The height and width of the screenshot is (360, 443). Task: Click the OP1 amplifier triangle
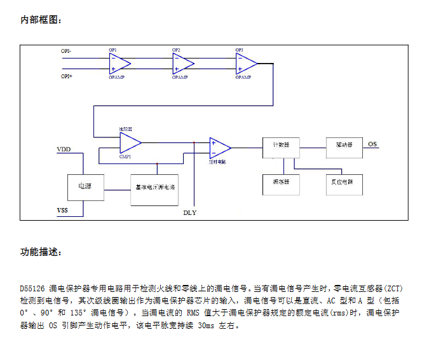point(118,63)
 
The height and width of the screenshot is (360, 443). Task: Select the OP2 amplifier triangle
point(182,63)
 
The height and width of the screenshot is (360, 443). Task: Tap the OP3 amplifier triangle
point(245,63)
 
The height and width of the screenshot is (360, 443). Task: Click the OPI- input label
point(66,51)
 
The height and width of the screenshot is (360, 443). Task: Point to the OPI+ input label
point(66,76)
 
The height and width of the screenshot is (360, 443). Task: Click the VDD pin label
point(64,149)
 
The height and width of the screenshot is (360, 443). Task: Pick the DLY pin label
point(189,212)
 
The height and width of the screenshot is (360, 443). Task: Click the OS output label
point(372,144)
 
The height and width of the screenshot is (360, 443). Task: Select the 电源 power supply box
point(85,187)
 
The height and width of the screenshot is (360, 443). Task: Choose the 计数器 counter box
point(281,145)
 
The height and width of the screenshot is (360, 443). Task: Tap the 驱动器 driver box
point(344,145)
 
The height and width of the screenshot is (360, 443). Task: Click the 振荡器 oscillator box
point(281,182)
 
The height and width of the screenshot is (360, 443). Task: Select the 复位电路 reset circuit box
point(344,182)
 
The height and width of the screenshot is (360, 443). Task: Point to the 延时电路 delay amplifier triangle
point(219,148)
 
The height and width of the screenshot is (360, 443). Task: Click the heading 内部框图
point(41,20)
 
